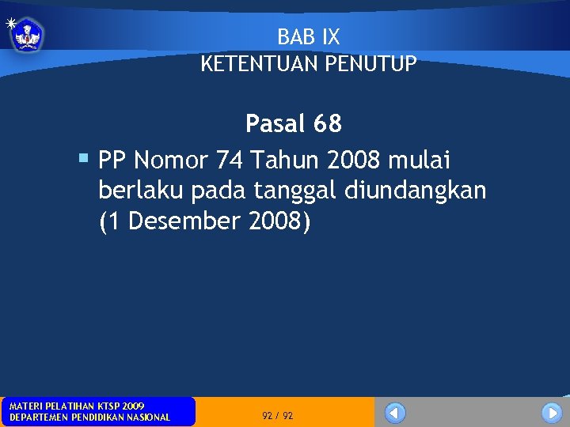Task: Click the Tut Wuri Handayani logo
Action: tap(28, 35)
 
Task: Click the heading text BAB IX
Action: tap(309, 36)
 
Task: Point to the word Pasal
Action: tap(275, 124)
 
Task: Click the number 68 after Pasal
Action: tap(328, 124)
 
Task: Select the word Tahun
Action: tap(284, 161)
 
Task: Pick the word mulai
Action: tap(420, 161)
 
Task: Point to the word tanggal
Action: tap(297, 191)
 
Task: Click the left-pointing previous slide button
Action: tap(395, 413)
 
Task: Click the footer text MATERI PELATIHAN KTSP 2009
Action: tap(77, 406)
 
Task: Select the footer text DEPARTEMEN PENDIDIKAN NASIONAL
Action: tap(89, 418)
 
